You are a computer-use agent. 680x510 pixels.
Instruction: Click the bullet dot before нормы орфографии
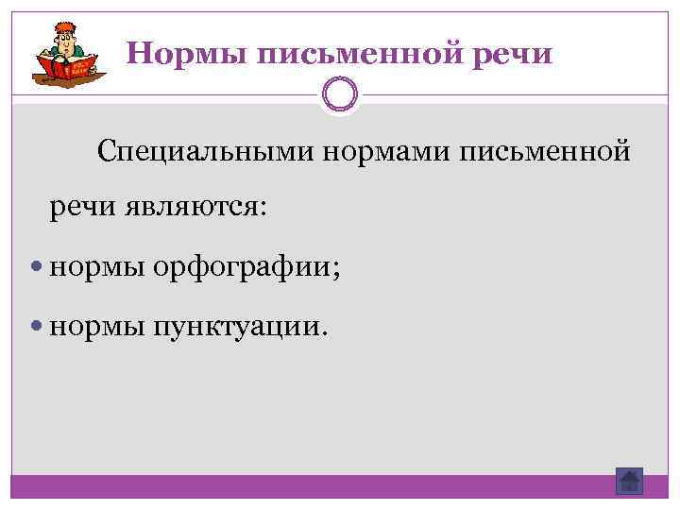click(x=37, y=269)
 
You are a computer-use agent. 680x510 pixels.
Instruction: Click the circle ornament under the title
click(x=339, y=94)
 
